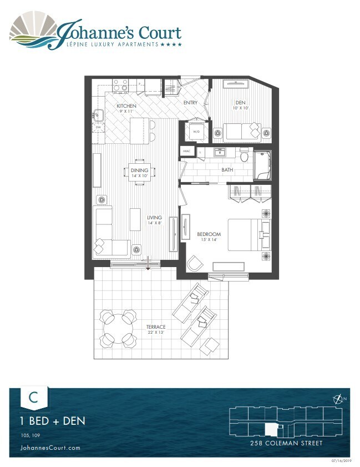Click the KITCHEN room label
126,106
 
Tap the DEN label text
240,102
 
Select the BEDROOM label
209,234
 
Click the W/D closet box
196,132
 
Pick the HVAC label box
185,152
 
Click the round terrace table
117,327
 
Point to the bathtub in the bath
262,164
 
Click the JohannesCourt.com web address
50,448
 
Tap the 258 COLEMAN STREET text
287,444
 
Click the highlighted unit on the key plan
271,429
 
